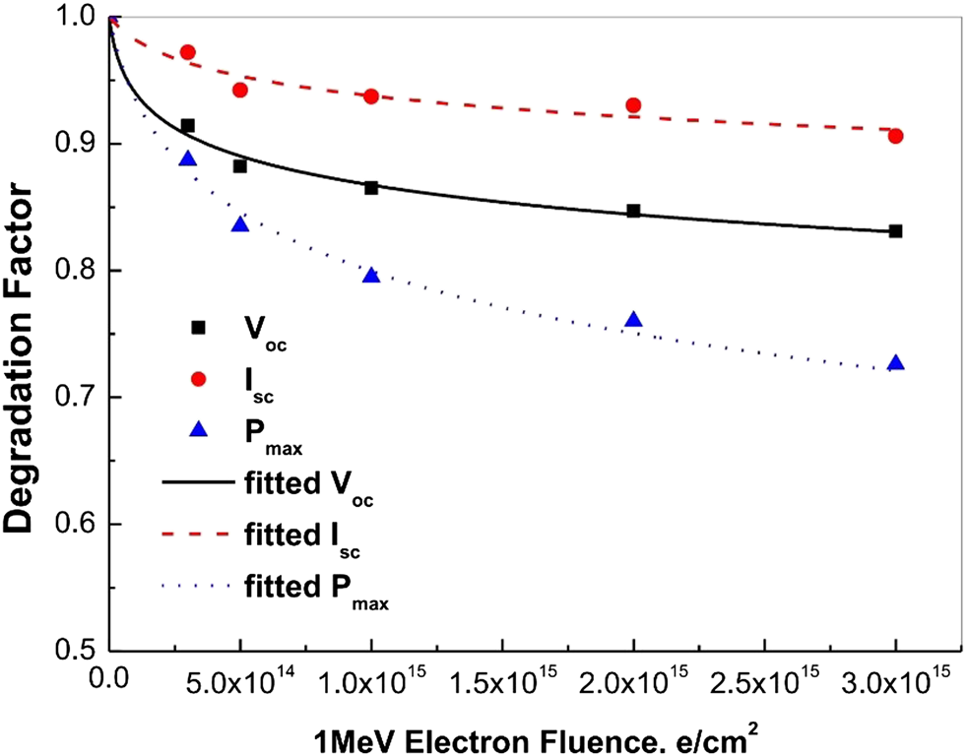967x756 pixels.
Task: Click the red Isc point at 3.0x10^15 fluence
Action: pyautogui.click(x=895, y=136)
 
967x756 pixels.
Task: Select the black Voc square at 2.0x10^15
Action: pyautogui.click(x=633, y=212)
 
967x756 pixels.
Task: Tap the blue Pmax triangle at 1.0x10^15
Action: pyautogui.click(x=371, y=276)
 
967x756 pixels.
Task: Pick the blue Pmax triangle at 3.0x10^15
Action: pyautogui.click(x=895, y=363)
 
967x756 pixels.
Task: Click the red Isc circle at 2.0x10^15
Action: pyautogui.click(x=633, y=105)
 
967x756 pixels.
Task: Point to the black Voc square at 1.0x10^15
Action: pyautogui.click(x=371, y=188)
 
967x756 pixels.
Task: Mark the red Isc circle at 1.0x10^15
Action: pyautogui.click(x=371, y=96)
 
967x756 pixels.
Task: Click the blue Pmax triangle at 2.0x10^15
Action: pyautogui.click(x=633, y=320)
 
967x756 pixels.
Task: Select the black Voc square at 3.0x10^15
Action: pyautogui.click(x=895, y=231)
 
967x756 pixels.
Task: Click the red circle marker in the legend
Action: pyautogui.click(x=197, y=379)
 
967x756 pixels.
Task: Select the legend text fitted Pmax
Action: pyautogui.click(x=313, y=588)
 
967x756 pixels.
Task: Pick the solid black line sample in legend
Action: pyautogui.click(x=197, y=483)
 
